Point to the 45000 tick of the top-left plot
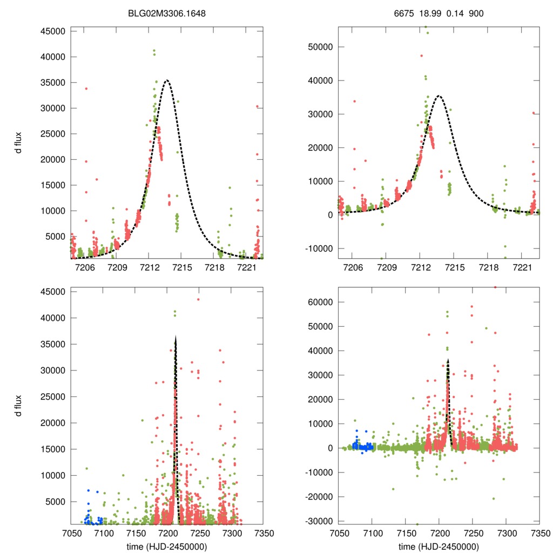[x=53, y=31]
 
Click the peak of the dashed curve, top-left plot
[x=167, y=80]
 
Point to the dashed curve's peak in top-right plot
[x=439, y=96]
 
